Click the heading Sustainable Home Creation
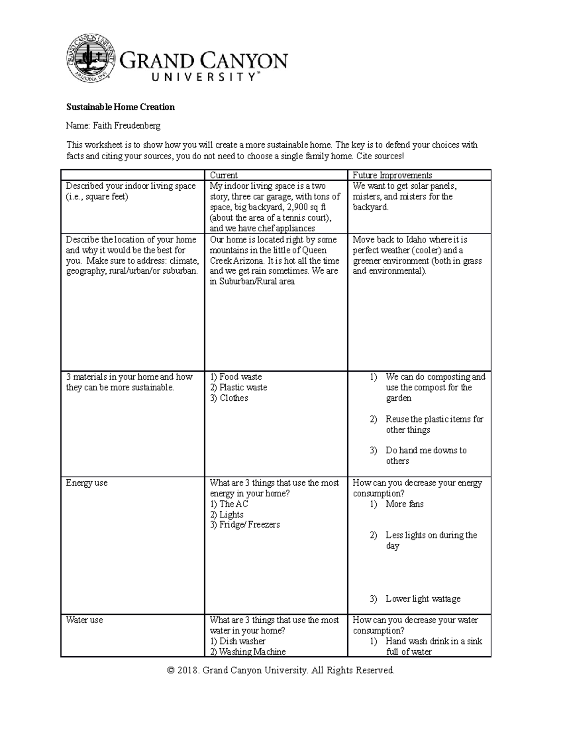(120, 107)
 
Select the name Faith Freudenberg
(126, 126)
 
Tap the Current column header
(223, 176)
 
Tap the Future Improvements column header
(392, 176)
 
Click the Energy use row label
(87, 483)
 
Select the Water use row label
(84, 620)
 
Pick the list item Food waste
(240, 377)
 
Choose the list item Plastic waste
(243, 388)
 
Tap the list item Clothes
(234, 398)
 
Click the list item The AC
(234, 504)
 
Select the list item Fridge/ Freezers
(249, 525)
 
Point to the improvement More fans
(404, 504)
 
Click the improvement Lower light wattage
(423, 599)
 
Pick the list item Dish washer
(242, 641)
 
